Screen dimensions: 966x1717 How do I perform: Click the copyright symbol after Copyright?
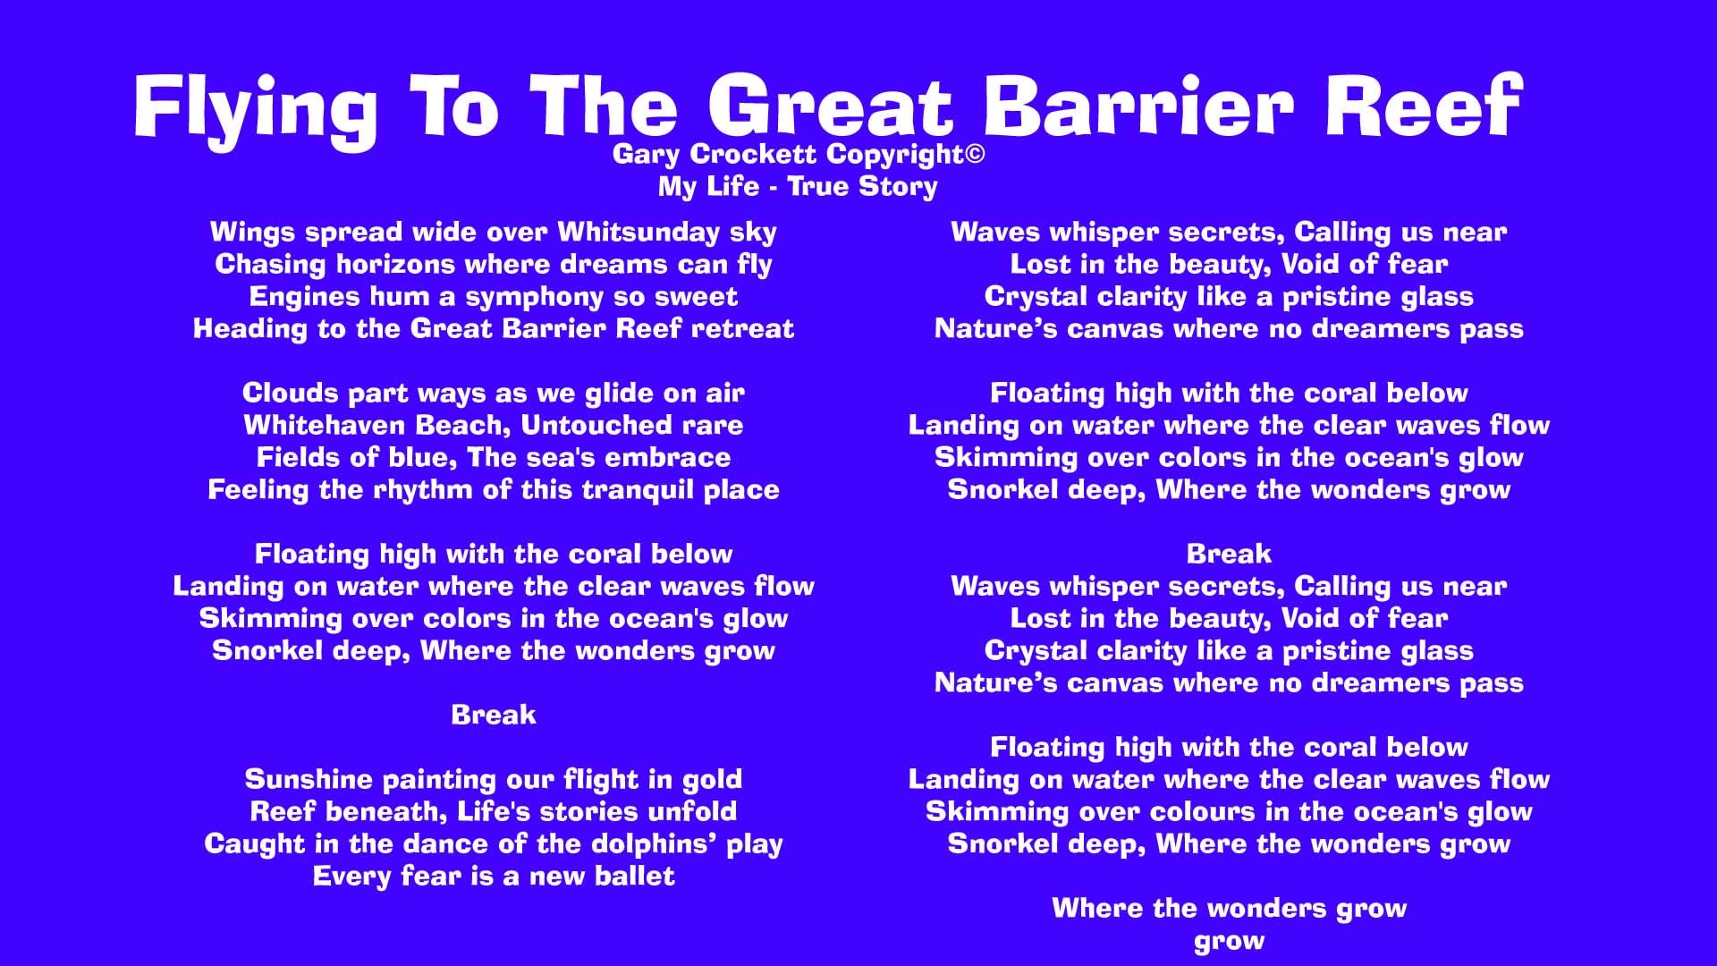click(x=975, y=154)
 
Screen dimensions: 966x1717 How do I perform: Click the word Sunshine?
click(x=309, y=779)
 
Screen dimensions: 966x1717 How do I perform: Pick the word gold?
click(x=712, y=779)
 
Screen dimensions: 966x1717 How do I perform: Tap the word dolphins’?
click(x=652, y=844)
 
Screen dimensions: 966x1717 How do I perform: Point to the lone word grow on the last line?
click(x=1229, y=941)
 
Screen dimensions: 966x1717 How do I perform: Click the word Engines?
click(x=300, y=297)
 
